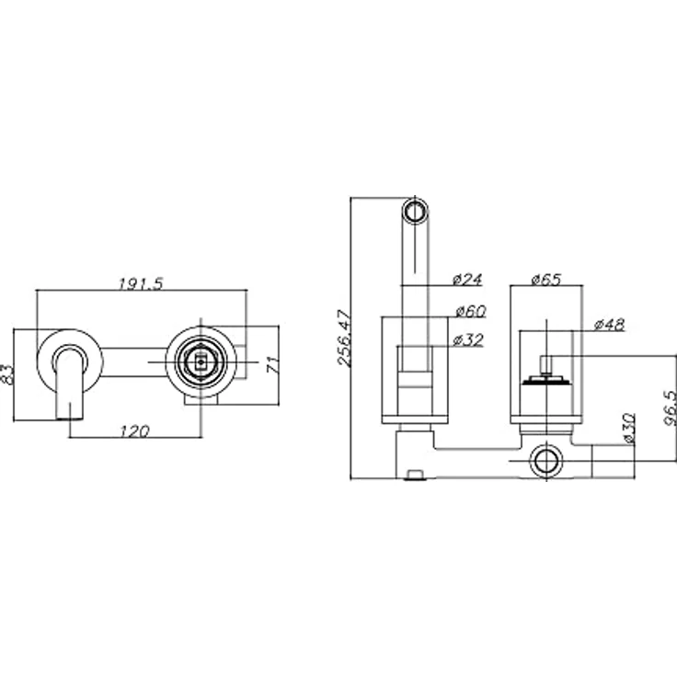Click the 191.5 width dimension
(141, 283)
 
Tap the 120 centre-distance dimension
(134, 430)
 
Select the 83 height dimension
(7, 373)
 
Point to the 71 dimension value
(273, 365)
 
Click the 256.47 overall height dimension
(346, 338)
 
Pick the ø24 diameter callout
(467, 280)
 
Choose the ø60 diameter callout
(471, 310)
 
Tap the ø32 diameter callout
(468, 340)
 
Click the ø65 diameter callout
(546, 280)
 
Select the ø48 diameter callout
(609, 325)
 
